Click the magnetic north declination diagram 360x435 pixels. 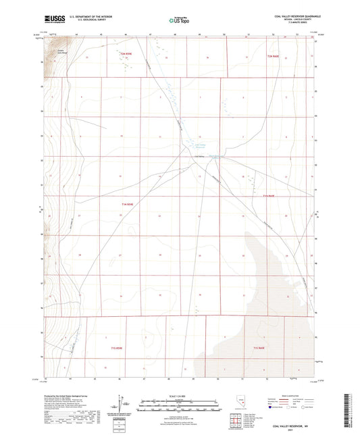click(x=120, y=402)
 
